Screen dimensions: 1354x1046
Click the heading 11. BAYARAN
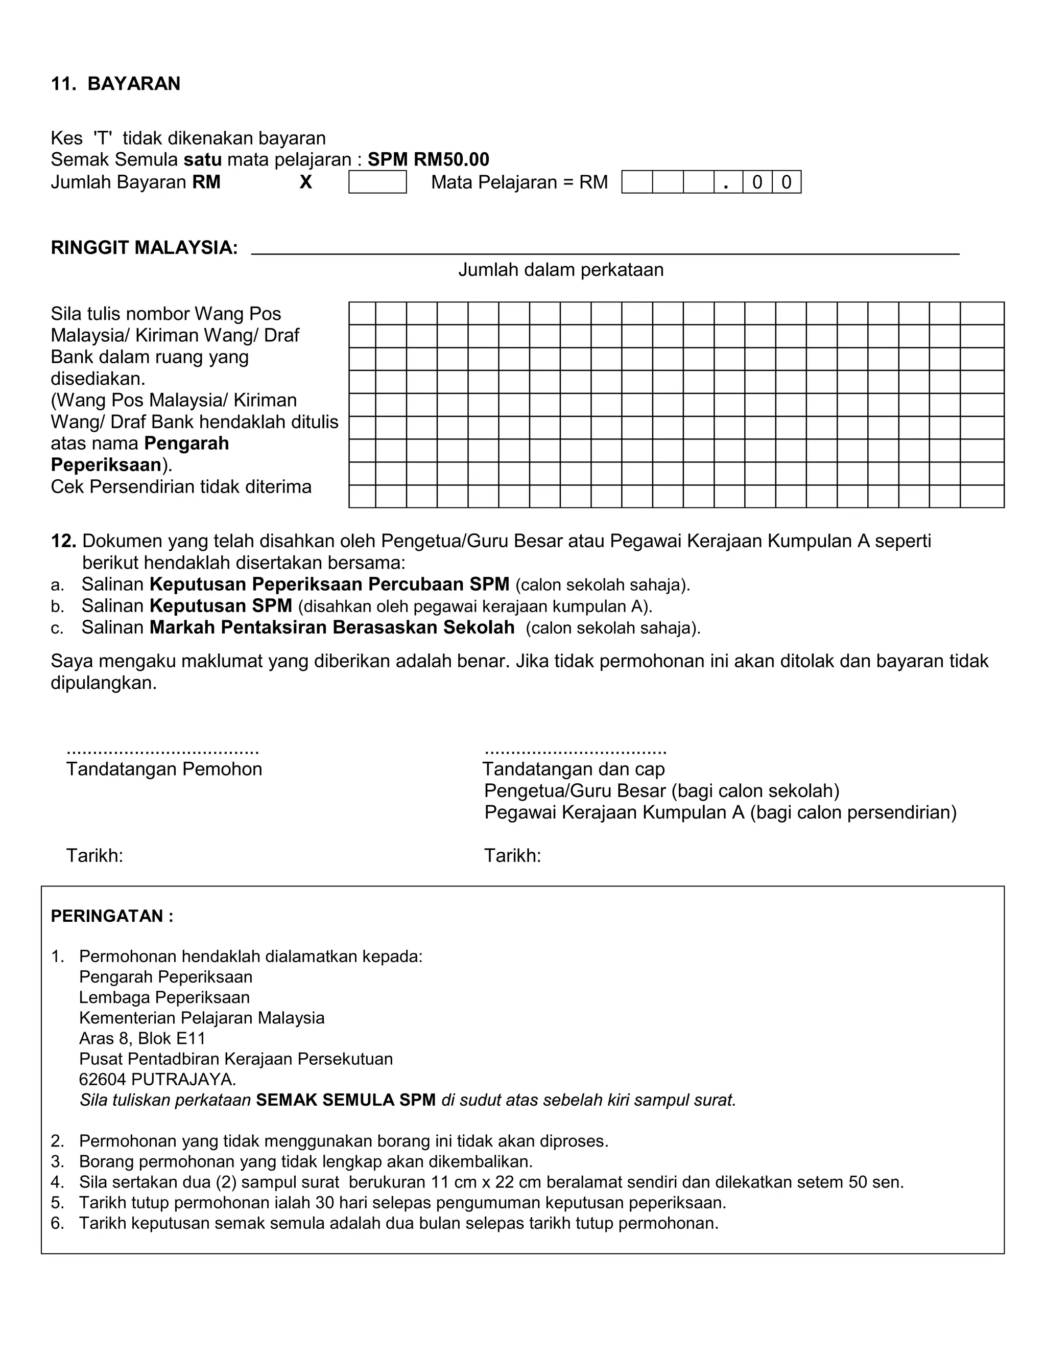pos(115,84)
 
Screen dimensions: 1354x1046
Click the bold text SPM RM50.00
pos(428,159)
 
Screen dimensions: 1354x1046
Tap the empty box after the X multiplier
pos(377,182)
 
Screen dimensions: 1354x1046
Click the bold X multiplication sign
pos(305,182)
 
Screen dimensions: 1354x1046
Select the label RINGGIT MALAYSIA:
pos(145,248)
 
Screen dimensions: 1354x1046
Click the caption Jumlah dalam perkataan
pos(561,270)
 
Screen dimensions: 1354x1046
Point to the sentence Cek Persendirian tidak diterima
pos(181,486)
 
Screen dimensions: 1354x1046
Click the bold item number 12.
pos(63,541)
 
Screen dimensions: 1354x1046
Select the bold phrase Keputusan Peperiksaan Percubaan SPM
pos(329,584)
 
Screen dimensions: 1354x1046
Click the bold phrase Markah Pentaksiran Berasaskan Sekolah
pos(331,627)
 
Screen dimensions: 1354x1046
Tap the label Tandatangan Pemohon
pos(164,769)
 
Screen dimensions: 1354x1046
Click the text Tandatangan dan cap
pos(573,769)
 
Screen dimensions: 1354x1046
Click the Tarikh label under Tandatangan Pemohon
pos(95,856)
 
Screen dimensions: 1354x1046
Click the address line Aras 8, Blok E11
pos(142,1038)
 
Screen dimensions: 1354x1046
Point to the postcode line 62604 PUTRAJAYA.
pos(157,1079)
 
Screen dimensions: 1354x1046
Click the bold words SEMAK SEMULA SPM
pos(346,1100)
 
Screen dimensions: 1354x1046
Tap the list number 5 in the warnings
pos(57,1203)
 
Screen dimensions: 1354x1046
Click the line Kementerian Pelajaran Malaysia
pos(201,1018)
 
